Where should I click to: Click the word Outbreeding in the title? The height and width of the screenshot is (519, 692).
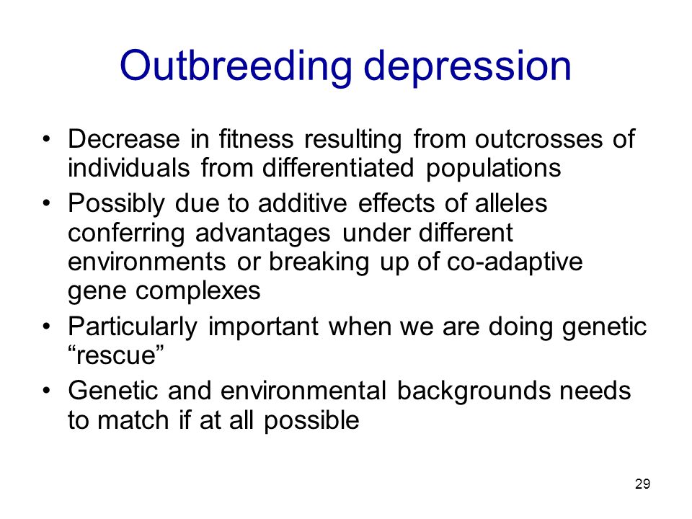coord(236,66)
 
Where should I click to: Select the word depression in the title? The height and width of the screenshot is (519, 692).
coord(468,66)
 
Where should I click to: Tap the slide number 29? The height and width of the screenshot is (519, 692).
coord(642,484)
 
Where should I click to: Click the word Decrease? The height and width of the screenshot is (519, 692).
coord(123,138)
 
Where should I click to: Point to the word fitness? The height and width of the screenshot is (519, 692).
coord(256,138)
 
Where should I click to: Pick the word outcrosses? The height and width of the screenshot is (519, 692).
coord(538,138)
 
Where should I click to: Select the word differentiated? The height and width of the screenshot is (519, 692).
coord(337,168)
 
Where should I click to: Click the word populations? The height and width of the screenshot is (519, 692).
coord(493,169)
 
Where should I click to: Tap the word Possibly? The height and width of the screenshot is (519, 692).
coord(116,204)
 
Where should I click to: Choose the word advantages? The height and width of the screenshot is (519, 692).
coord(262,234)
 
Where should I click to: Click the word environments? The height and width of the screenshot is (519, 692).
coord(147,262)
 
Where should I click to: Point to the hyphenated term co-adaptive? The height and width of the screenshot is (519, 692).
coord(515,262)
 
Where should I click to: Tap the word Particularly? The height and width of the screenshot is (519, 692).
coord(133,327)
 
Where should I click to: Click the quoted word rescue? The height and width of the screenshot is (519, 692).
coord(116,355)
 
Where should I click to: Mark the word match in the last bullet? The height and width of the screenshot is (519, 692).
coord(133,420)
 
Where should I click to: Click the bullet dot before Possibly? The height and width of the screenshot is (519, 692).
coord(46,204)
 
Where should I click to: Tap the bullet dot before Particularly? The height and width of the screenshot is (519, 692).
coord(46,327)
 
